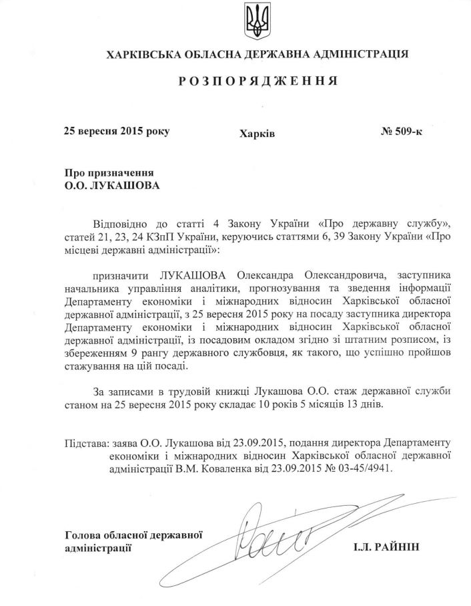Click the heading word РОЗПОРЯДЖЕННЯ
(x=257, y=82)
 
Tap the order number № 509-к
(x=401, y=131)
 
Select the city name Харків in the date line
(x=257, y=134)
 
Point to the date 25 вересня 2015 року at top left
(x=116, y=131)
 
